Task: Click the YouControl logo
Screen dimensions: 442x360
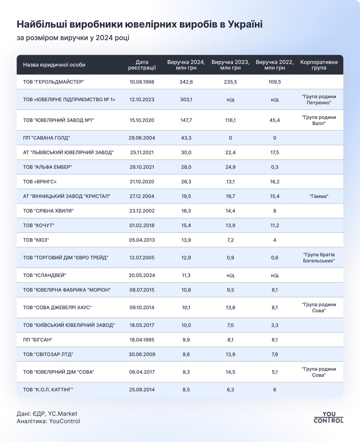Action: (x=328, y=417)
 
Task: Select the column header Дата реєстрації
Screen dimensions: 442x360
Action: (x=142, y=65)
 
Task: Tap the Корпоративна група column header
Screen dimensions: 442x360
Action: (x=319, y=65)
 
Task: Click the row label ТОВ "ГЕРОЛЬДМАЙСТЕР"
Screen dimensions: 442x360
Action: (x=53, y=82)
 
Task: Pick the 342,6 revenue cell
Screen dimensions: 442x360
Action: (x=186, y=82)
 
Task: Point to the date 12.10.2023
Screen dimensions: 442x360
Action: (x=142, y=99)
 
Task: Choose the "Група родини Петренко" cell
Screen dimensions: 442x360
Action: (x=319, y=99)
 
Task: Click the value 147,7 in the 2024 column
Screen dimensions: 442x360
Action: (x=186, y=120)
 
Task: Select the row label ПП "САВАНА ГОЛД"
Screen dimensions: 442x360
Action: (x=46, y=138)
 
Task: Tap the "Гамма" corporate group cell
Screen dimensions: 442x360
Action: (x=319, y=196)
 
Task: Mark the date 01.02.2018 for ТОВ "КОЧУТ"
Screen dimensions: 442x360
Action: (x=142, y=225)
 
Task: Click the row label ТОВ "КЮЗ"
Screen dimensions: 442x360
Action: (x=33, y=240)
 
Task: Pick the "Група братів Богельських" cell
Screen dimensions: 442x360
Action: (x=319, y=258)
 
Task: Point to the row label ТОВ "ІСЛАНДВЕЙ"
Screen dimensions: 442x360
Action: (x=45, y=275)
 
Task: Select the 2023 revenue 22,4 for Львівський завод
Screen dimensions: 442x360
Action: (x=230, y=152)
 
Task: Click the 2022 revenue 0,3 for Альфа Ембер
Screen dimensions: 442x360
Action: (x=274, y=167)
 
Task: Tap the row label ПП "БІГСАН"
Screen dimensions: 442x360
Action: (x=38, y=339)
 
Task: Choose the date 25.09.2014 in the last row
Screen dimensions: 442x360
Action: (x=142, y=390)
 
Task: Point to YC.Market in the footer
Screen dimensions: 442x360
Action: (x=62, y=414)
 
